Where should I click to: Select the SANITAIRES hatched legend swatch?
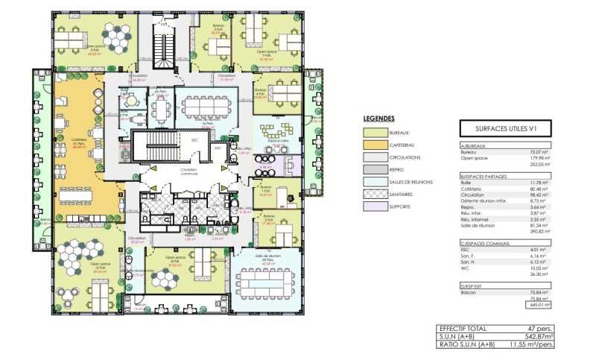coord(374,193)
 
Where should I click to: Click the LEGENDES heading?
coord(378,119)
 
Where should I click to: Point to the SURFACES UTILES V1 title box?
coord(503,128)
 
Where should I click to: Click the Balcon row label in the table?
coord(469,293)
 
